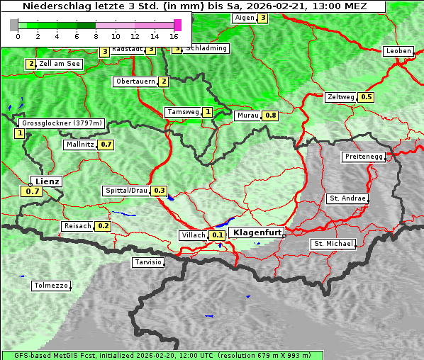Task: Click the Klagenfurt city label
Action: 257,232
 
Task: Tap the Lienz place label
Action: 48,181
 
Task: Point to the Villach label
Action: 193,235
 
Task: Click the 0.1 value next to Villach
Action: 218,235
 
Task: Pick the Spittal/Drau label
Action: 126,191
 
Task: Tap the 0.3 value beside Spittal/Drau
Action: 160,191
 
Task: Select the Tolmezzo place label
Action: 51,286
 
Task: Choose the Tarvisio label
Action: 148,262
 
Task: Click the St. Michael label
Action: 333,244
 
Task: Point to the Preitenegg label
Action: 364,157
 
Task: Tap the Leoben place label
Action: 398,51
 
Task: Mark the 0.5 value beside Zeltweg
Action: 367,97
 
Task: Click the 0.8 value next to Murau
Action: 270,115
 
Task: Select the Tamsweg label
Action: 182,112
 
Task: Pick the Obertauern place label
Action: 135,81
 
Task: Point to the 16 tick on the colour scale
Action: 174,35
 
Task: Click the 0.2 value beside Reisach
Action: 104,226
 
